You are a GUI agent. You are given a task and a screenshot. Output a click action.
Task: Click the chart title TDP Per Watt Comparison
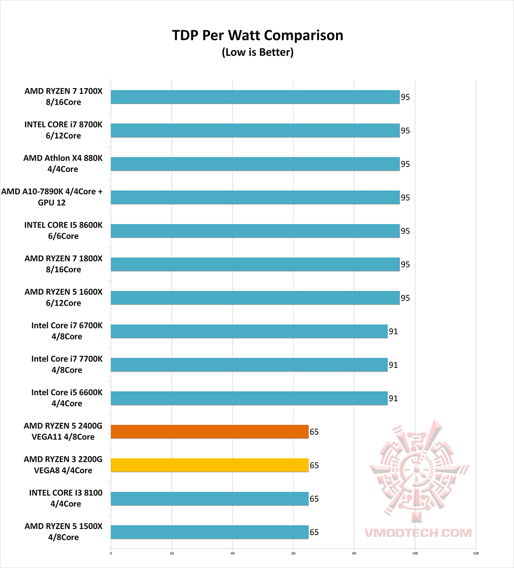tap(257, 35)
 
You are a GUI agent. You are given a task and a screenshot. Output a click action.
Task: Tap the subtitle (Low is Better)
tap(257, 52)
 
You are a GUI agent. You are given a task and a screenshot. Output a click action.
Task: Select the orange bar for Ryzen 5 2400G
tap(209, 432)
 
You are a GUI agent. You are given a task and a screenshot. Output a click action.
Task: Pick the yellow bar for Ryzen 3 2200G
tap(209, 465)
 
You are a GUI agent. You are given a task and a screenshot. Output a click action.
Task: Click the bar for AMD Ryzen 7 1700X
tap(255, 97)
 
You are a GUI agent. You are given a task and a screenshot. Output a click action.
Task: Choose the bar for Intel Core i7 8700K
tap(255, 130)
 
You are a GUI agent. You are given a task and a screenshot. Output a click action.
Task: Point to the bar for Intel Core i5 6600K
tap(249, 399)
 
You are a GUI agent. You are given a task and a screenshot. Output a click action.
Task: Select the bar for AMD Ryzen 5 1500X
tap(209, 532)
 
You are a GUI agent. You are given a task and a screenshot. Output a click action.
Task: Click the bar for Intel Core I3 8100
tap(209, 499)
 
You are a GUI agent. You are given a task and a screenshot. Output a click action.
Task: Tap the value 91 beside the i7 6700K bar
tap(393, 331)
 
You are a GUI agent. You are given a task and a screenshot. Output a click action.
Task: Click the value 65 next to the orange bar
tap(314, 432)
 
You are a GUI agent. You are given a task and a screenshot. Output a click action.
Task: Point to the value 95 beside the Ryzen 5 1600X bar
tap(405, 298)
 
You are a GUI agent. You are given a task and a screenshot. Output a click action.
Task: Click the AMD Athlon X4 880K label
tap(63, 163)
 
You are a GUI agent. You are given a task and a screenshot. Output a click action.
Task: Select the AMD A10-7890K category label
tap(52, 197)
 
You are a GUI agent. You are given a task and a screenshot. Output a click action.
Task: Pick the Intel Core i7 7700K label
tap(67, 364)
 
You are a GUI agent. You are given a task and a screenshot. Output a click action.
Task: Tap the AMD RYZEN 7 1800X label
tap(63, 264)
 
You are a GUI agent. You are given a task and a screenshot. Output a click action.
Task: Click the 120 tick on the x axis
tap(476, 553)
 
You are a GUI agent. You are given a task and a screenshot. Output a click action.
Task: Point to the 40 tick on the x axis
tap(233, 553)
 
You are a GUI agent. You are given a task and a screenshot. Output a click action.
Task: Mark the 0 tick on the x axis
tap(111, 553)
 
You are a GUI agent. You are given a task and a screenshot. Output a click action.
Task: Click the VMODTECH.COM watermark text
tap(418, 533)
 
